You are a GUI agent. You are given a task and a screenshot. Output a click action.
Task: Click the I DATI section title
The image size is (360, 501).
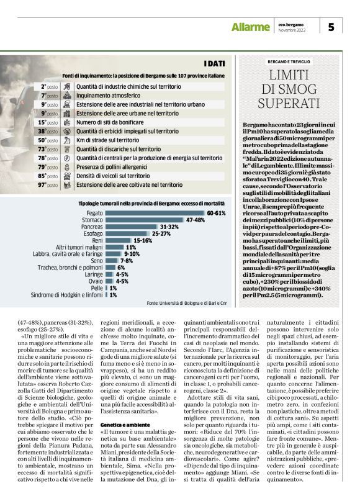pos(214,63)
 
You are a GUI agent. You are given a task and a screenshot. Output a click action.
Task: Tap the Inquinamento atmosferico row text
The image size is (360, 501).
pos(111,96)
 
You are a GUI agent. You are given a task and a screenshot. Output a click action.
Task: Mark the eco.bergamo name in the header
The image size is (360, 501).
pos(292,24)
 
